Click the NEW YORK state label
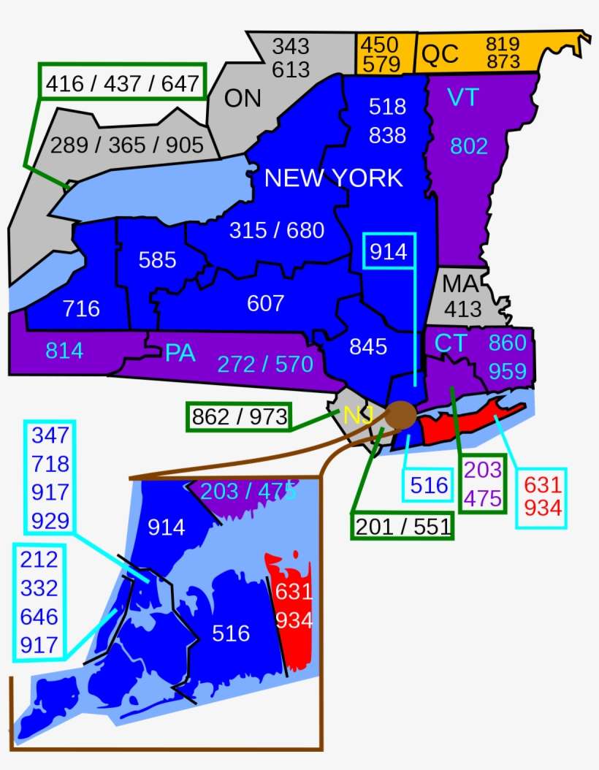(x=333, y=178)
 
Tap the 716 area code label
(x=81, y=308)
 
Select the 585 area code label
(x=157, y=259)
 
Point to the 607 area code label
(x=265, y=302)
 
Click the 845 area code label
(x=367, y=346)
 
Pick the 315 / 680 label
(x=276, y=230)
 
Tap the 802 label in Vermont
(x=468, y=146)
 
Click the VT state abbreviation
(x=462, y=97)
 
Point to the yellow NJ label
(x=358, y=416)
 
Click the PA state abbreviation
(x=180, y=353)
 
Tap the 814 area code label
(x=64, y=351)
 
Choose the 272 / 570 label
(x=265, y=364)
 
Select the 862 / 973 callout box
(x=239, y=416)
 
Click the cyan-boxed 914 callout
(x=389, y=251)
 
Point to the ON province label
(x=243, y=98)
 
